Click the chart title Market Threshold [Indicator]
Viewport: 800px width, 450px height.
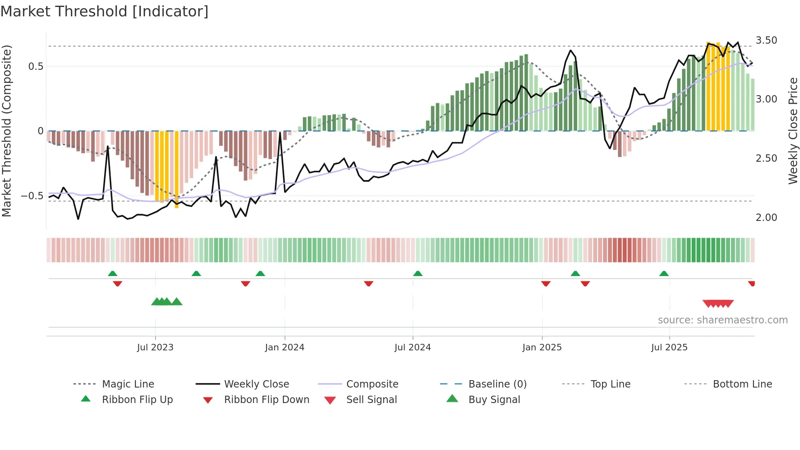[104, 11]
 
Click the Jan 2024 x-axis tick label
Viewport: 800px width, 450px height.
[284, 347]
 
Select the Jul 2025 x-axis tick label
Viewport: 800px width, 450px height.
[669, 347]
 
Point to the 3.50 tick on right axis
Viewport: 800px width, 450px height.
[766, 40]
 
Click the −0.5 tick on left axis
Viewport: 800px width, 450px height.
[32, 196]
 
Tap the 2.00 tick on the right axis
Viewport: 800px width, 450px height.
[766, 217]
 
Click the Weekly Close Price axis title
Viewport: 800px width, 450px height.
[793, 131]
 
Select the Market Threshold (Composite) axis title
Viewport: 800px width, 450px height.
[7, 131]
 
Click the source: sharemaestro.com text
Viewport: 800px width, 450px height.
[722, 320]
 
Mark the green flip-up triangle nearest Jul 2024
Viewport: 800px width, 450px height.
[418, 274]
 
